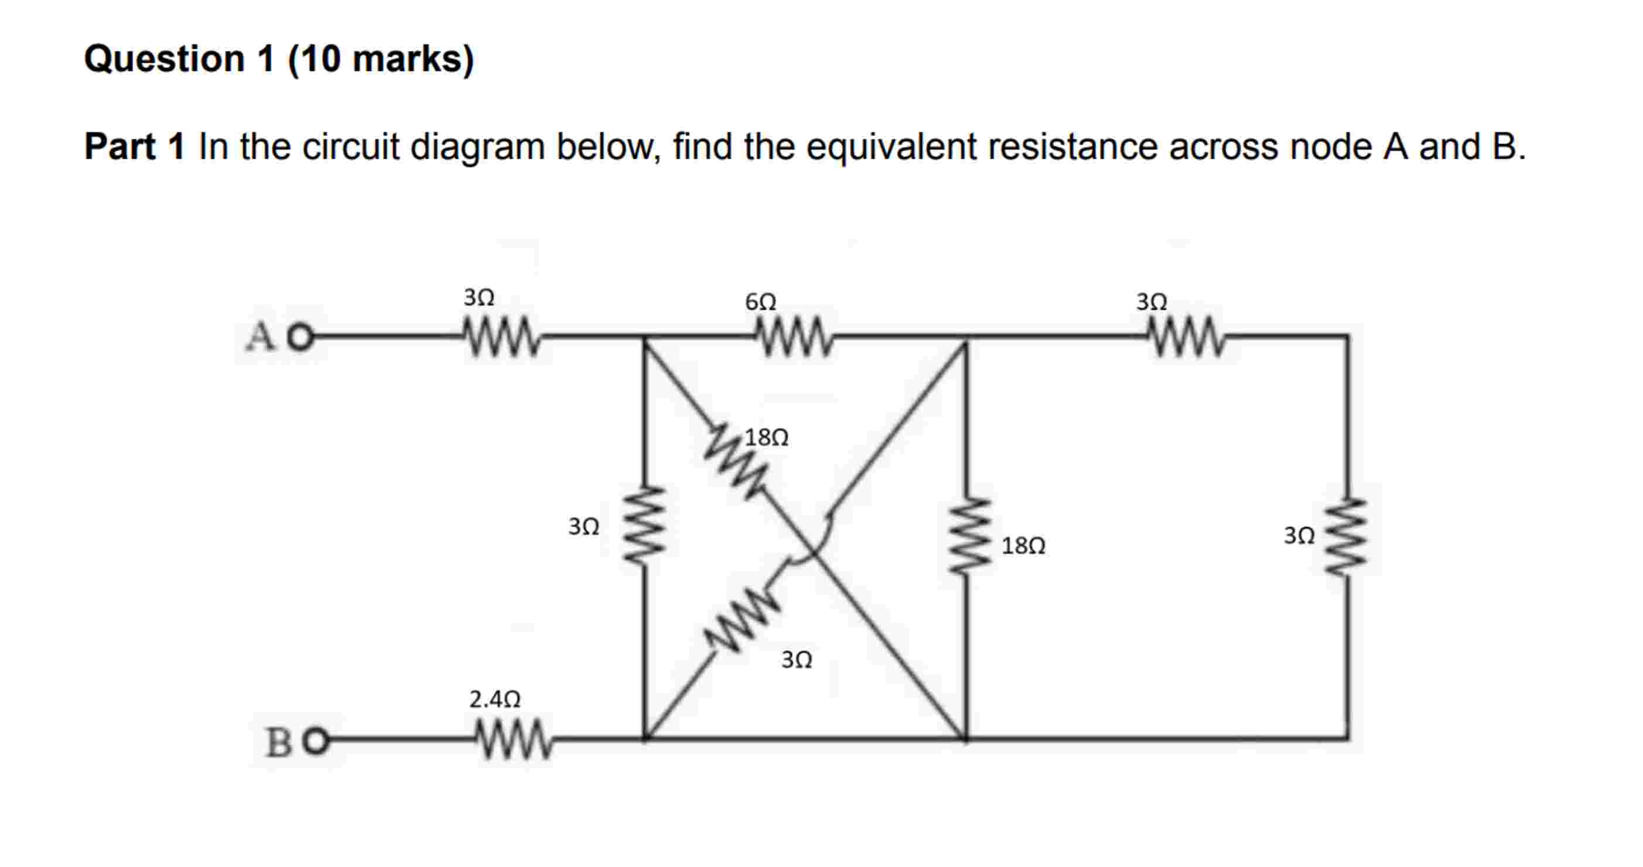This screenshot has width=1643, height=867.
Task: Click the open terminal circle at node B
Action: click(317, 742)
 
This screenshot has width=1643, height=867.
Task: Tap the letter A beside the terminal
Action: click(261, 337)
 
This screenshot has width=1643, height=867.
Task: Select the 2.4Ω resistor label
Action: click(495, 700)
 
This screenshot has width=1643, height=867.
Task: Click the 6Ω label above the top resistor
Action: click(760, 301)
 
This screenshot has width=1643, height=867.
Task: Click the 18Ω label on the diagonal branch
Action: click(767, 437)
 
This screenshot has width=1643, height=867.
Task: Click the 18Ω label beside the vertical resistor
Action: click(1023, 546)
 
